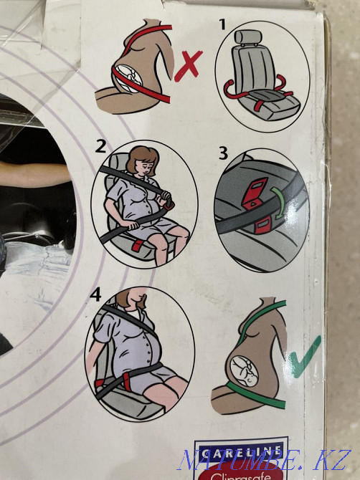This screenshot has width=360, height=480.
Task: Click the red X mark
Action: click(188, 66)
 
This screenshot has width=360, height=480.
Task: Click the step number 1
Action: click(223, 24)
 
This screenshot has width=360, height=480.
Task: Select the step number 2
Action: click(100, 146)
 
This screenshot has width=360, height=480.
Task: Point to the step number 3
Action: click(224, 153)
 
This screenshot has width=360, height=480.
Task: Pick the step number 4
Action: click(95, 294)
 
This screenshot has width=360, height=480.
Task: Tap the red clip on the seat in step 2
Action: click(137, 245)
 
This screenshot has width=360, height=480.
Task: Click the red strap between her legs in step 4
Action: click(127, 381)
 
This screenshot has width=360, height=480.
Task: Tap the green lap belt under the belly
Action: click(256, 395)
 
